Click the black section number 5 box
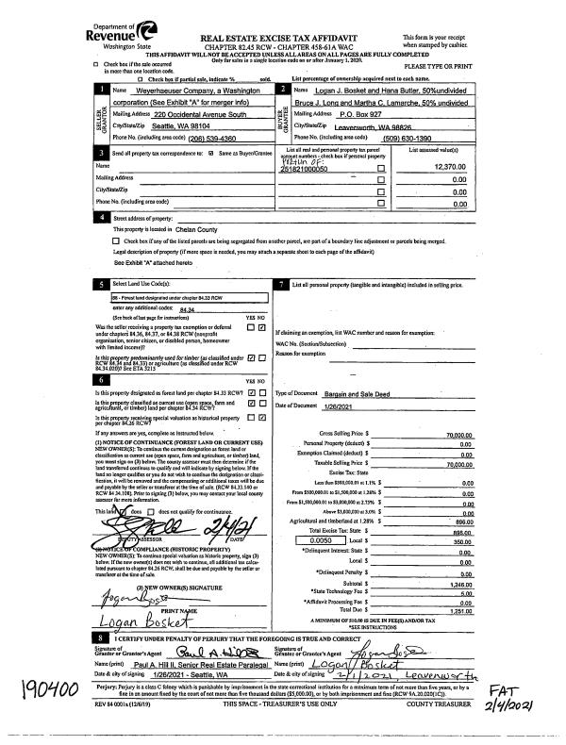tap(101, 283)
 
